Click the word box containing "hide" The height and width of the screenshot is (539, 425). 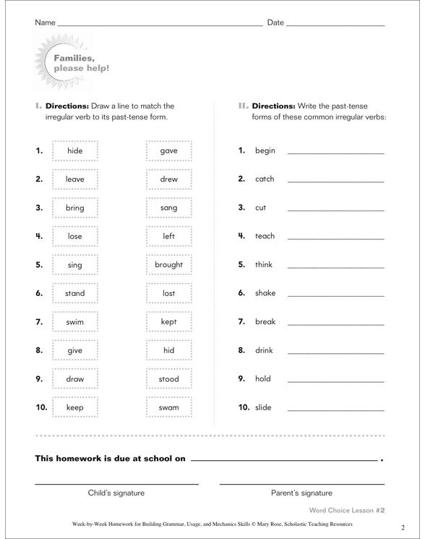point(75,150)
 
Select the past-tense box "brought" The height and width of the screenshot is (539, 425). point(168,265)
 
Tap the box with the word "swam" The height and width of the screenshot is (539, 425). point(168,407)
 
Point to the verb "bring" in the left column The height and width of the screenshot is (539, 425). point(75,208)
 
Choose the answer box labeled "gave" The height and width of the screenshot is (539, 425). point(168,150)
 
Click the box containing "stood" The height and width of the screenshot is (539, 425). point(168,379)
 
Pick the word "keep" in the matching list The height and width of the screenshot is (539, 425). point(75,407)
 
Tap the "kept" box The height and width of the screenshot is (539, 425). point(168,322)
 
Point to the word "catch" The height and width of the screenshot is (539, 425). point(266,179)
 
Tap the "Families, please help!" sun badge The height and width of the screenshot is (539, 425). point(72,63)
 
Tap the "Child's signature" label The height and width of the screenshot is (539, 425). point(116,493)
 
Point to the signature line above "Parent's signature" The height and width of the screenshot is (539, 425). point(301,483)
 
